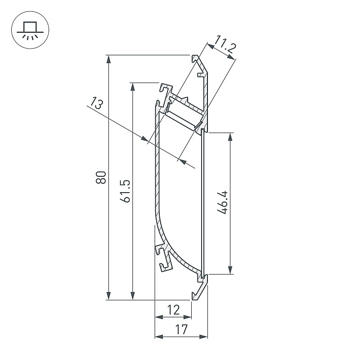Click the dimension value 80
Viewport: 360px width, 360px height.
point(101,177)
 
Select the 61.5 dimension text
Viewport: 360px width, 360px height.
point(126,191)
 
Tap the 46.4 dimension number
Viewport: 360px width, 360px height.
point(222,202)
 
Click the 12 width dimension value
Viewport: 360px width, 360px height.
point(173,310)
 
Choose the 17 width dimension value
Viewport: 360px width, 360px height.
point(181,329)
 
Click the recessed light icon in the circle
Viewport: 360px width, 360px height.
point(30,31)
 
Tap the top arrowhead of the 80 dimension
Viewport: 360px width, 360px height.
point(108,59)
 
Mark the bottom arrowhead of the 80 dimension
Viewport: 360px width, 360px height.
point(108,296)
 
